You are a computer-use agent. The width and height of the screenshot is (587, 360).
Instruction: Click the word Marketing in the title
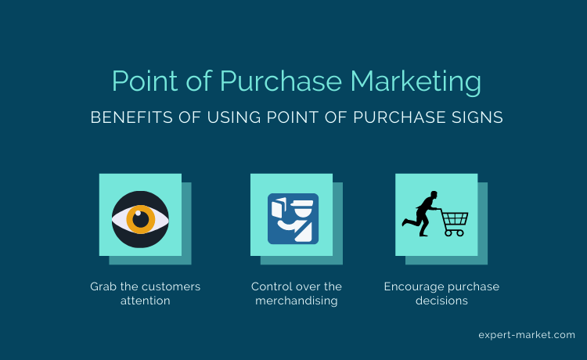[416, 81]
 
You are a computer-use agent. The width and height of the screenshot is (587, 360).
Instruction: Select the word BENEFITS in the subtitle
[131, 117]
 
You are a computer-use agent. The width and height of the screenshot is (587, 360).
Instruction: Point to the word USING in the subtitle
[234, 117]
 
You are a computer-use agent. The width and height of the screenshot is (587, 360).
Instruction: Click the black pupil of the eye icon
[141, 220]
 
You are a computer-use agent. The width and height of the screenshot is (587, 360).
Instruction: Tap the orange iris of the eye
[141, 220]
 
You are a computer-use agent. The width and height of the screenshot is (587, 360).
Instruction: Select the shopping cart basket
[455, 218]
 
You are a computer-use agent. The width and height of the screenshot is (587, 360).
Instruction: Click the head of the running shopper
[434, 195]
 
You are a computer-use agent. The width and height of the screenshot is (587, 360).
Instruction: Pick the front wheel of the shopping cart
[459, 233]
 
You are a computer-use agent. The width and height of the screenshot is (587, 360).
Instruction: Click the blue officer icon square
[293, 219]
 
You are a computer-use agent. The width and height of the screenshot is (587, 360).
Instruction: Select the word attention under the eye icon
[146, 301]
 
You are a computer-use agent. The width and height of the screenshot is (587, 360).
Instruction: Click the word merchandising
[297, 301]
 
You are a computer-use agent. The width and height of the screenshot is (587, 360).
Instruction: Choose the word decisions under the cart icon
[441, 301]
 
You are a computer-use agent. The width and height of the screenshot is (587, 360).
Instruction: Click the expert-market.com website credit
[527, 335]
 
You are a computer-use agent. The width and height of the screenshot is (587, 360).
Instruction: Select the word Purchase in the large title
[281, 81]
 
